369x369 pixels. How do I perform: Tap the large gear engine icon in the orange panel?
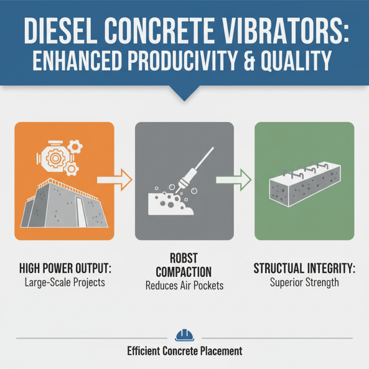54,157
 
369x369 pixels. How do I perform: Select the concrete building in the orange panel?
65,203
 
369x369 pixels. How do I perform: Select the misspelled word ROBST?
184,258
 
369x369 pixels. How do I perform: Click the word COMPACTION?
184,272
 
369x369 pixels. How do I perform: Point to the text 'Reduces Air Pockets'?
184,286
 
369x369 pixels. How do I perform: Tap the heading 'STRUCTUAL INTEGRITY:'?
304,269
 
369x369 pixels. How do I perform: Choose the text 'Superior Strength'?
304,281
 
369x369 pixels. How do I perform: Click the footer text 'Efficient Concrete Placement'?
184,351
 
